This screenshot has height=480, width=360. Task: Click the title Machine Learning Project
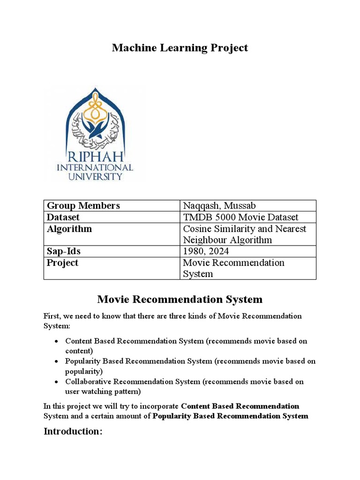180,48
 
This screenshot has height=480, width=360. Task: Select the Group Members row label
83,206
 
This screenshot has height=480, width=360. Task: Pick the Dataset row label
63,217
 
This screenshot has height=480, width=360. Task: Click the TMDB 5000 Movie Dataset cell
240,217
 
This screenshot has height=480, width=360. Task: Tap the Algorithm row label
69,229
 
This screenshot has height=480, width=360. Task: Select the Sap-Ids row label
63,251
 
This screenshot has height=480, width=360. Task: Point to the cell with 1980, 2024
206,251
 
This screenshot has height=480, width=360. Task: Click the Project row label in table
62,262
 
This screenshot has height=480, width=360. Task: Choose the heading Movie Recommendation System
180,299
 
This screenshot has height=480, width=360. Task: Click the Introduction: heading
73,431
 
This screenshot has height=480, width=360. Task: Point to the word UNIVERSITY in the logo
95,177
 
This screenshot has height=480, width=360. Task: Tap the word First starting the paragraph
52,316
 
